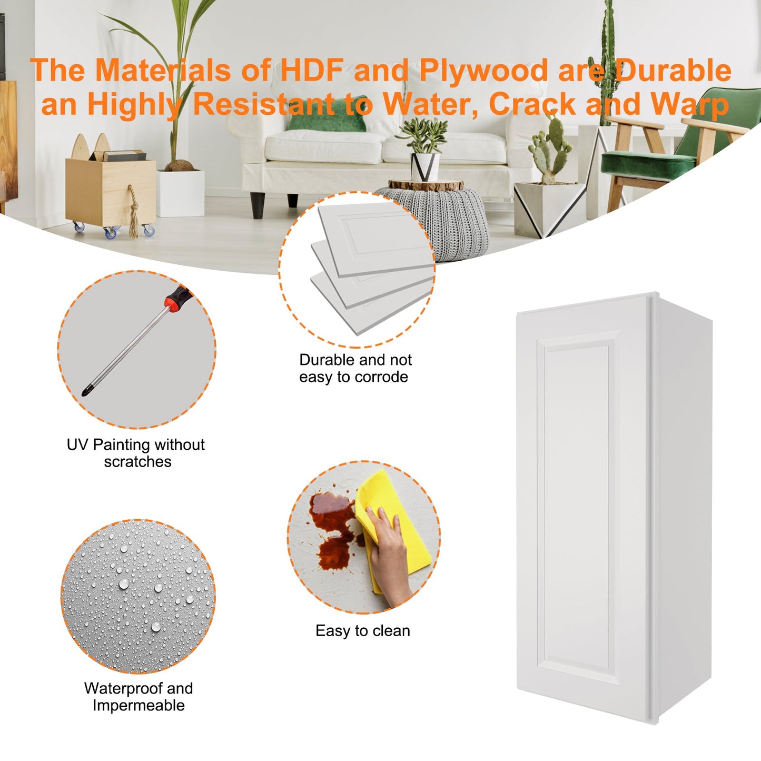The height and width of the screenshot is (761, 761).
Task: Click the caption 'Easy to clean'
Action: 362,631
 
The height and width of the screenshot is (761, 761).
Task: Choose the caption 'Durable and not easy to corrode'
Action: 355,368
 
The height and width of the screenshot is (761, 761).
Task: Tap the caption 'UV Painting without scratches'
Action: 136,452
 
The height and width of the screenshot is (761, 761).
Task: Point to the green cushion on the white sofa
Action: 327,115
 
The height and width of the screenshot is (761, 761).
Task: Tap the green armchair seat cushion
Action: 648,163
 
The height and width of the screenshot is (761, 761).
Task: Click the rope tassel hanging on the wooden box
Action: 133,213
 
